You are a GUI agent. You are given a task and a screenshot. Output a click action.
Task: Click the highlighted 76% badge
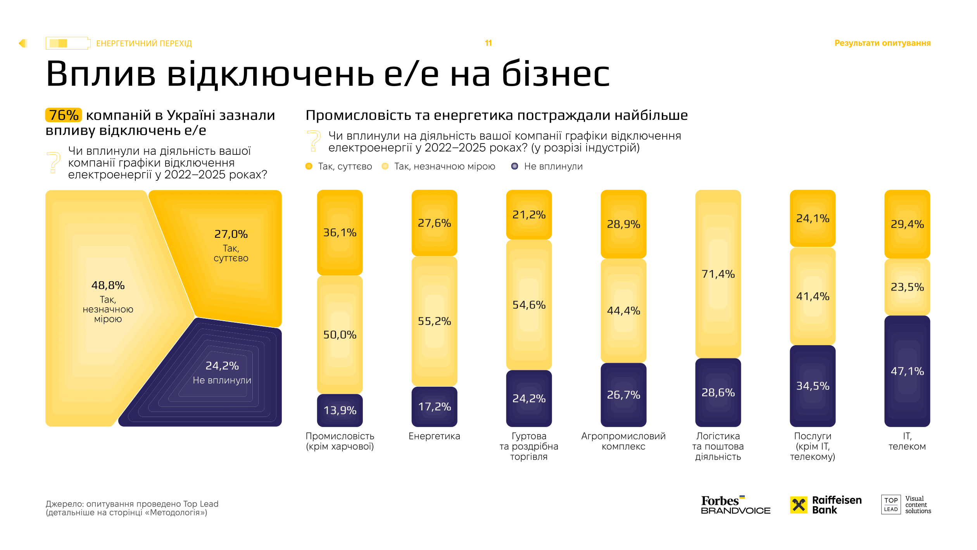(x=64, y=115)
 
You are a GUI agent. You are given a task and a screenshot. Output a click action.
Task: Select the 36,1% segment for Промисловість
(x=340, y=232)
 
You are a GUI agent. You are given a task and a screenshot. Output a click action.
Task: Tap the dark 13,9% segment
(x=340, y=410)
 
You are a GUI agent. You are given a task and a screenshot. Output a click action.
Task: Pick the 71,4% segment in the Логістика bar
(x=718, y=274)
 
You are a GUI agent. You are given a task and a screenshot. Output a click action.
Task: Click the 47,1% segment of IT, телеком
(x=907, y=371)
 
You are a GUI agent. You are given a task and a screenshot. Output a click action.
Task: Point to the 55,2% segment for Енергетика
(x=434, y=321)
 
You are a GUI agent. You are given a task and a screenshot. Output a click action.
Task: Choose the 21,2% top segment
(x=529, y=214)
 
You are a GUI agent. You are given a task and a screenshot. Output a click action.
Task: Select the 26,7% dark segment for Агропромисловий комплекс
(x=623, y=394)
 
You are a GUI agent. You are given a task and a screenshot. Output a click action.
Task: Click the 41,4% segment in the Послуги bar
(x=812, y=296)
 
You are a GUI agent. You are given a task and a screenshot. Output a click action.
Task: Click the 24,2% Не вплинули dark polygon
(x=222, y=372)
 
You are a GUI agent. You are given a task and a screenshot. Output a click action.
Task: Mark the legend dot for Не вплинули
(x=514, y=166)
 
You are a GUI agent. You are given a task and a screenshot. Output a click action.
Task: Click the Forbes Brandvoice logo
(x=735, y=505)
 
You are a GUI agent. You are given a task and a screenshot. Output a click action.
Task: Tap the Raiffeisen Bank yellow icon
(x=798, y=505)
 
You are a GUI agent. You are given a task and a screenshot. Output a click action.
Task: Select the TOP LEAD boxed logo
(x=891, y=505)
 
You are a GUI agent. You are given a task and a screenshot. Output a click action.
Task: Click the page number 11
(x=488, y=43)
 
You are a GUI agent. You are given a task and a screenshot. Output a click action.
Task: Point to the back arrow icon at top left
(x=22, y=43)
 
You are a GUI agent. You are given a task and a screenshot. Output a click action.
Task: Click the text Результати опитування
(x=882, y=43)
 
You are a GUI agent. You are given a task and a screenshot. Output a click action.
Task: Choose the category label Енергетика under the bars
(x=434, y=436)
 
